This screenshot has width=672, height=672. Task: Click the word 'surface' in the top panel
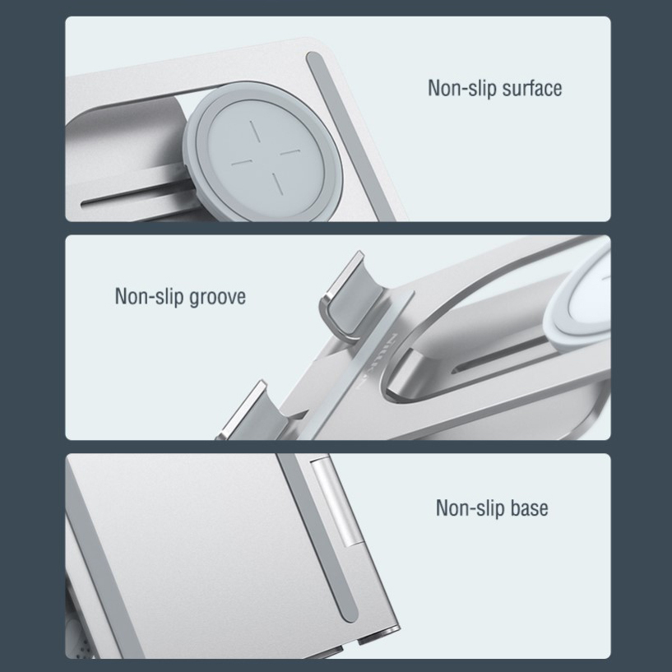[531, 88]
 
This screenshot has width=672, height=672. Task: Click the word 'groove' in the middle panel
[217, 297]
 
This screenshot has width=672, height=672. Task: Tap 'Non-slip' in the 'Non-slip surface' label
[462, 88]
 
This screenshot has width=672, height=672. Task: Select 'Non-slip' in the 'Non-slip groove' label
[149, 297]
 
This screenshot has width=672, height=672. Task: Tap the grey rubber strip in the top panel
[346, 136]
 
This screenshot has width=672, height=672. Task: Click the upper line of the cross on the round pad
[255, 131]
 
